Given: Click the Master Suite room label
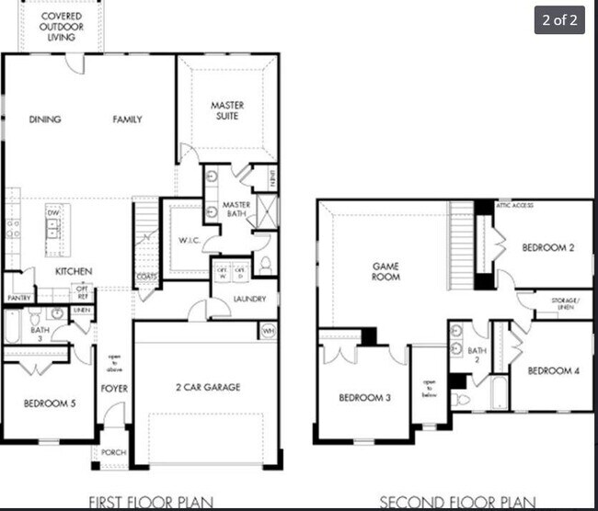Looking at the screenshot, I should [x=226, y=110].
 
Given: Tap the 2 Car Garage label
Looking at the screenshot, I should [x=207, y=387].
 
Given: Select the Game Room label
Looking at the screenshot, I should [x=385, y=271].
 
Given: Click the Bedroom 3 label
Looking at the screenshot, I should [x=366, y=397].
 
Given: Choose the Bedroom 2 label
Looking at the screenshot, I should [x=549, y=247].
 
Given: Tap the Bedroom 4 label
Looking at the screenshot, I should [x=553, y=370].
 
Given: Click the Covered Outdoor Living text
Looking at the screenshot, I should [x=62, y=27].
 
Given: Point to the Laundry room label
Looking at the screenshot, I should [x=249, y=299].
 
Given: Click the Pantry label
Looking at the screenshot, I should [x=19, y=298].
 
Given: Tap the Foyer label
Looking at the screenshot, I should [x=114, y=389].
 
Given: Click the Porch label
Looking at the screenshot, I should [x=113, y=451].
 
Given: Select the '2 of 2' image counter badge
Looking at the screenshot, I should [x=558, y=19].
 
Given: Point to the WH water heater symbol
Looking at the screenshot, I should [x=268, y=329].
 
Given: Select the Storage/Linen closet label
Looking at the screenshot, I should [x=565, y=303].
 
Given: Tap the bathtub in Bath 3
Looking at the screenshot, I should [x=12, y=325].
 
